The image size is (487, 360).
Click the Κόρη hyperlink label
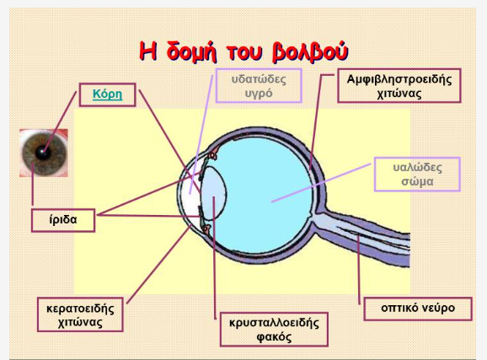pyautogui.click(x=108, y=94)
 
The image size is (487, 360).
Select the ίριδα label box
pyautogui.click(x=63, y=220)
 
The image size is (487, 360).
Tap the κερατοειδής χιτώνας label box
pyautogui.click(x=80, y=314)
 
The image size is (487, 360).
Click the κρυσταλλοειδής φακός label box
pyautogui.click(x=274, y=329)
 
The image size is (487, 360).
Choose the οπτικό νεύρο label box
pyautogui.click(x=418, y=309)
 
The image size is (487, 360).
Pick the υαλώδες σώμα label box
pyautogui.click(x=417, y=174)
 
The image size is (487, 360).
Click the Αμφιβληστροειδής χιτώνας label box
pyautogui.click(x=399, y=85)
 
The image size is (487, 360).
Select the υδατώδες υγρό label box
pyautogui.click(x=259, y=85)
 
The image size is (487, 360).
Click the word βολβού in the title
pyautogui.click(x=310, y=51)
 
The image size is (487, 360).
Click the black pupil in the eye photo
pyautogui.click(x=42, y=152)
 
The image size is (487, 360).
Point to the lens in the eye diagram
pyautogui.click(x=213, y=194)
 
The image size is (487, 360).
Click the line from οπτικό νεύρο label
pyautogui.click(x=358, y=270)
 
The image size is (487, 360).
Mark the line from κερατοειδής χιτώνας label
pyautogui.click(x=159, y=264)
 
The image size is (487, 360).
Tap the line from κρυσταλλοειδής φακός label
pyautogui.click(x=214, y=258)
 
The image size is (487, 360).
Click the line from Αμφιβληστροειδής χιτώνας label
pyautogui.click(x=318, y=121)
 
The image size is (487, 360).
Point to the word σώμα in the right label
pyautogui.click(x=417, y=181)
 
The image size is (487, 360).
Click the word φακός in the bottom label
pyautogui.click(x=274, y=337)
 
